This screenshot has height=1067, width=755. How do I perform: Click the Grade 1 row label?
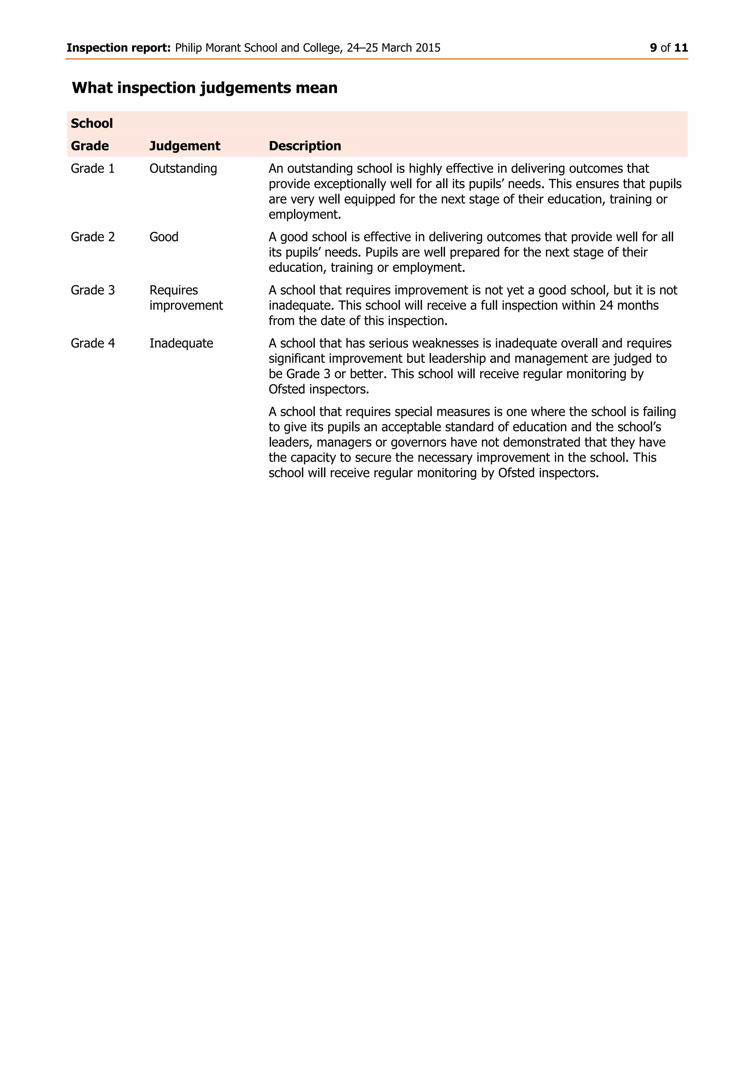pos(93,169)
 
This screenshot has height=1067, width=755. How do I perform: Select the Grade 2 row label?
pos(93,237)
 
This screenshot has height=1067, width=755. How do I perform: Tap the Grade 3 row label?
pos(93,290)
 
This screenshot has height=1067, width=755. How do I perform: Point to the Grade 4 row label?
pos(93,343)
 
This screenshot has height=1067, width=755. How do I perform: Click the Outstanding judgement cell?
pos(183,169)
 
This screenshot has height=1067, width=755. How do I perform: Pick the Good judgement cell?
pos(164,237)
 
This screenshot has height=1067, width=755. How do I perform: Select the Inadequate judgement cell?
pos(181,343)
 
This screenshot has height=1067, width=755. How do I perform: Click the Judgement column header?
pos(185,146)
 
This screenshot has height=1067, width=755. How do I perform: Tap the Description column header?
pos(305,146)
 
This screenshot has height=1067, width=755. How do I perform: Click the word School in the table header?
pos(91,124)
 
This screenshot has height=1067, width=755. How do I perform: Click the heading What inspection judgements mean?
pos(205,88)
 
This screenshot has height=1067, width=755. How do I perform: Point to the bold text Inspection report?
pos(119,48)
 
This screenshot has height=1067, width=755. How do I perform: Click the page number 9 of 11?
pos(668,48)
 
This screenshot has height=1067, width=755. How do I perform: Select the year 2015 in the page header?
pos(428,48)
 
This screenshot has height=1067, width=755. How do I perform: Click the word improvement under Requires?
pos(186,306)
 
